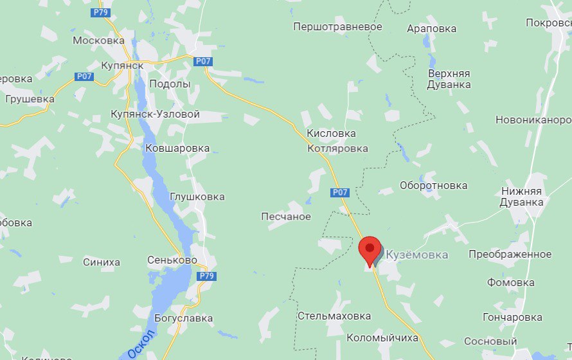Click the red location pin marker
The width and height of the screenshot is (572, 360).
[x=370, y=250]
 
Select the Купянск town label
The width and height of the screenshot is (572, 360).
[x=122, y=65]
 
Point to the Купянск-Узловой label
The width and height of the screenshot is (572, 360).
[x=155, y=114]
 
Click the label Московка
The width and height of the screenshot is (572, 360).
[x=98, y=40]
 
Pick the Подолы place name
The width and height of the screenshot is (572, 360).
[x=170, y=84]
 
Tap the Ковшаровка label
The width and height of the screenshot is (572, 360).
[x=178, y=148]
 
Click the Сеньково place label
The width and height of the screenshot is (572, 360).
[x=172, y=261]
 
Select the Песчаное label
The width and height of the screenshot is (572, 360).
[x=286, y=217]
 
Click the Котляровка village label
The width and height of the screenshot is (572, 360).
[x=337, y=148]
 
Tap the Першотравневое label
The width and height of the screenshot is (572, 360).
[x=337, y=27]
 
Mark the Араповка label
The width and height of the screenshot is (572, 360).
[x=432, y=28]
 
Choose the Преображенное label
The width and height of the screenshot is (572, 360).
[x=510, y=254]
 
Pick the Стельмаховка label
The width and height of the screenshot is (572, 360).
[x=334, y=316]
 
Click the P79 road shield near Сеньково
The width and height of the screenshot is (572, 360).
[x=206, y=276]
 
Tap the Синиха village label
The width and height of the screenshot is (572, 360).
[x=102, y=262]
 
